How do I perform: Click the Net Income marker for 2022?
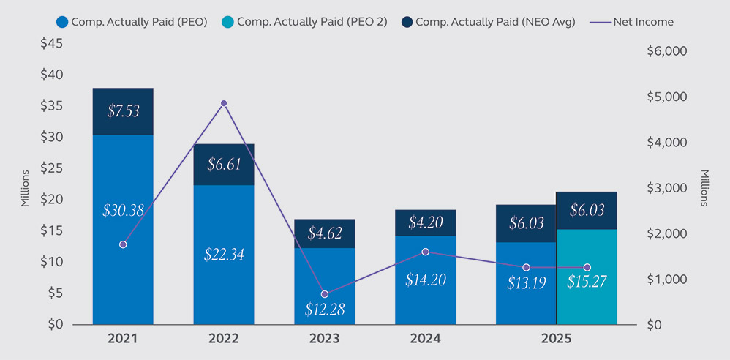pyautogui.click(x=224, y=103)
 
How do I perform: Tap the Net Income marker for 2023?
pyautogui.click(x=325, y=294)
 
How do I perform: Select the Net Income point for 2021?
pyautogui.click(x=123, y=244)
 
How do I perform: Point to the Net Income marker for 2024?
pyautogui.click(x=426, y=252)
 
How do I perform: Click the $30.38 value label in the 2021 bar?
pyautogui.click(x=123, y=211)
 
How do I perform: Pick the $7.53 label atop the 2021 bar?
pyautogui.click(x=123, y=111)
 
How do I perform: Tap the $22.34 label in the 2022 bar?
pyautogui.click(x=224, y=255)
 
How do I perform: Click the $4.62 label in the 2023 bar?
pyautogui.click(x=325, y=234)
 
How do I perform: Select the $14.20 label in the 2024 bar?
pyautogui.click(x=426, y=279)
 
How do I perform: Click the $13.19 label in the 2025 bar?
pyautogui.click(x=527, y=282)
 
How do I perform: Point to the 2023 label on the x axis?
pyautogui.click(x=325, y=340)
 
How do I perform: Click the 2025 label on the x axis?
pyautogui.click(x=557, y=340)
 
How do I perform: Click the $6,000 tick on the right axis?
pyautogui.click(x=669, y=51)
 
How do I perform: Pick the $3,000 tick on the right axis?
pyautogui.click(x=669, y=188)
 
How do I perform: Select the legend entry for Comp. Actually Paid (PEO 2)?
pyautogui.click(x=306, y=22)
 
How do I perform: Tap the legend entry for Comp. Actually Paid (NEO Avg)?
pyautogui.click(x=489, y=22)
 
